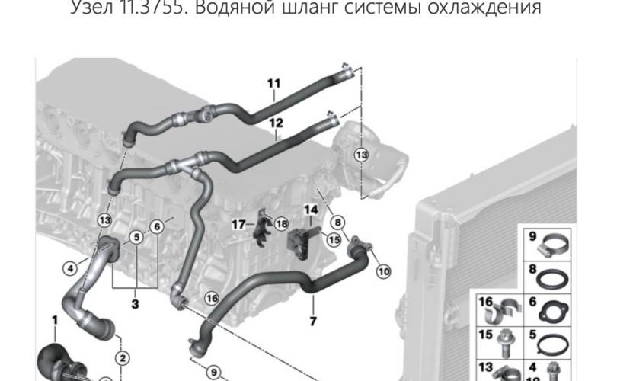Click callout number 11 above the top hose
274,83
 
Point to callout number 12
275,122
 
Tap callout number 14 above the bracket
311,210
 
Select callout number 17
238,224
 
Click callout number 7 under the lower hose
312,321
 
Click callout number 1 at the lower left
55,316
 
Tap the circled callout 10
382,271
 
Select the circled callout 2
121,357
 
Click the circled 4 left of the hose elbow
69,267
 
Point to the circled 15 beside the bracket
332,239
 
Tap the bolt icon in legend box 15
505,341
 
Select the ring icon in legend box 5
551,341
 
